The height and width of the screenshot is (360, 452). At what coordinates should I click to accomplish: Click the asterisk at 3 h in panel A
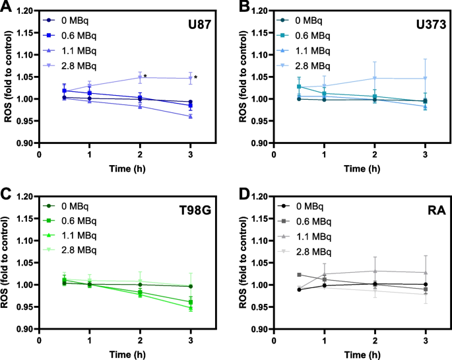pyautogui.click(x=196, y=77)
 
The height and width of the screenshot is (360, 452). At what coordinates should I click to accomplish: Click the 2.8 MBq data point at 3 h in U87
pyautogui.click(x=190, y=78)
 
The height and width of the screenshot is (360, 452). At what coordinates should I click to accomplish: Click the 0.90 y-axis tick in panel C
pyautogui.click(x=24, y=329)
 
